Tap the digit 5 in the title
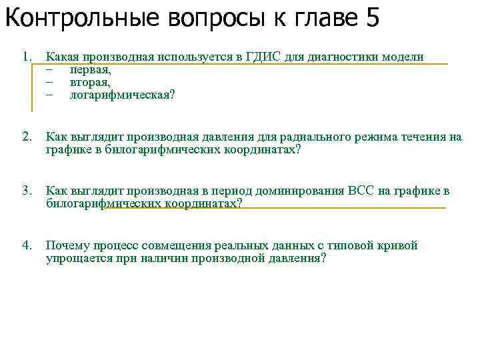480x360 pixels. coord(372,18)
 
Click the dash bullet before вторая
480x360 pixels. coord(49,82)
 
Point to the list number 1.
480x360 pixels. coord(27,57)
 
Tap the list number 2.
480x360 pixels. coord(27,137)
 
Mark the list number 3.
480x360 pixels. coord(27,191)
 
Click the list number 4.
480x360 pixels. coord(27,245)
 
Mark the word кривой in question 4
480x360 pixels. coord(399,245)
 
